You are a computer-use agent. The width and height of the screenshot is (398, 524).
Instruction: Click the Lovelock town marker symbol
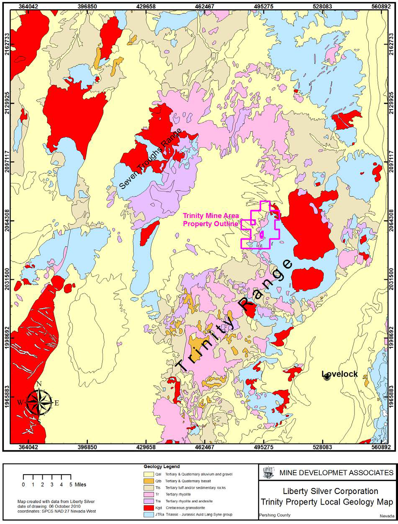[327, 378]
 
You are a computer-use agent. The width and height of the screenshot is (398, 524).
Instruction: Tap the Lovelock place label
[340, 374]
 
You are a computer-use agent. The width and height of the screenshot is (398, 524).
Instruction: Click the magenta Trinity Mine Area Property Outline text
[211, 220]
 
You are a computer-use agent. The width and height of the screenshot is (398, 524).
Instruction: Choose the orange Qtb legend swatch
[148, 481]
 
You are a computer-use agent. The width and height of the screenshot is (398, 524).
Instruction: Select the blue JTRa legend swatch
[148, 514]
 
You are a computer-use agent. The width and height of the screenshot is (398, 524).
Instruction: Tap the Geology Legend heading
[162, 466]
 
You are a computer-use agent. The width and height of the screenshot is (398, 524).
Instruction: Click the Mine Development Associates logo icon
[267, 473]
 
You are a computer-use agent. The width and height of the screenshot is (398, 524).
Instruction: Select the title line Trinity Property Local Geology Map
[327, 502]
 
